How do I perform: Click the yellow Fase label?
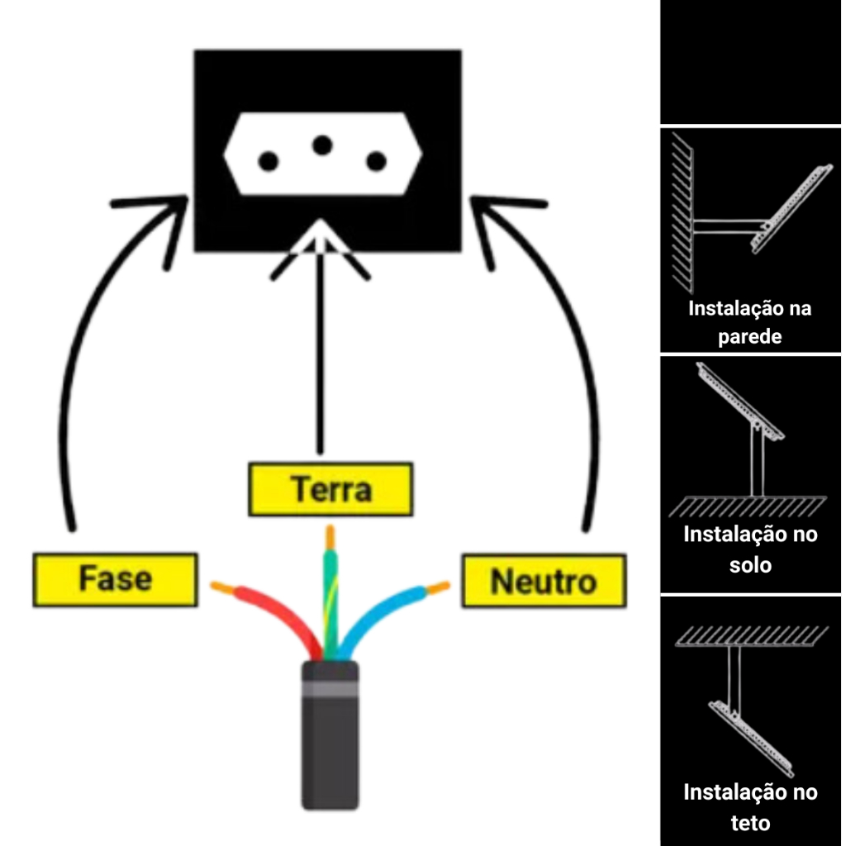point(115,579)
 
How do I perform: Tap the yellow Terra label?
point(330,489)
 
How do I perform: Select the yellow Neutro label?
point(543,582)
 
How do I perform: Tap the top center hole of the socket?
point(322,145)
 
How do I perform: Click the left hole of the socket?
point(268,162)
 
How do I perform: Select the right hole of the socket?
point(377,162)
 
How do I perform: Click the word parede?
point(749,338)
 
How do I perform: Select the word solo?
point(750,566)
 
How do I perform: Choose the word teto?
point(750,823)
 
